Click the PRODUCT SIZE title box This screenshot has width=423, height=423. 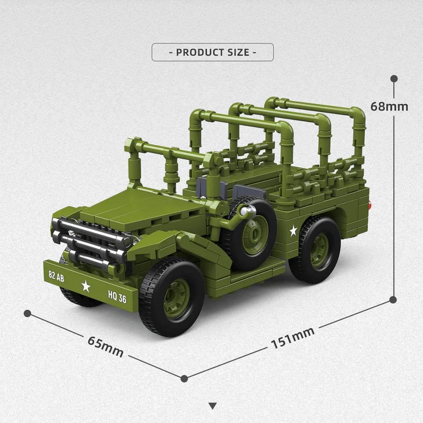pyautogui.click(x=212, y=52)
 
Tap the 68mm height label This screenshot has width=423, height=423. pyautogui.click(x=389, y=106)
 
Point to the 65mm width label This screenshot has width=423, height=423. pyautogui.click(x=106, y=346)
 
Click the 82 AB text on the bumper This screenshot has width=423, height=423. pyautogui.click(x=56, y=276)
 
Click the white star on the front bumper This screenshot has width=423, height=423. pyautogui.click(x=86, y=286)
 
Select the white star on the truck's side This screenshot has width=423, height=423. pyautogui.click(x=293, y=231)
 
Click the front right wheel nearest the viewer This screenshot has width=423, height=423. pyautogui.click(x=172, y=297)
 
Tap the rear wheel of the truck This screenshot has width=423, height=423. pyautogui.click(x=315, y=250)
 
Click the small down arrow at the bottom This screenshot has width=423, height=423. pyautogui.click(x=212, y=406)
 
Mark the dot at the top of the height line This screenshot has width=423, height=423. pyautogui.click(x=394, y=79)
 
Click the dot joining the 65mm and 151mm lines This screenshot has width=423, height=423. pyautogui.click(x=184, y=378)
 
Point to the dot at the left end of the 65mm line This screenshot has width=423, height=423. pyautogui.click(x=27, y=313)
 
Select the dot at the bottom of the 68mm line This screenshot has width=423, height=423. pyautogui.click(x=393, y=300)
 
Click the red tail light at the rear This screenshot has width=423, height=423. pyautogui.click(x=370, y=206)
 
